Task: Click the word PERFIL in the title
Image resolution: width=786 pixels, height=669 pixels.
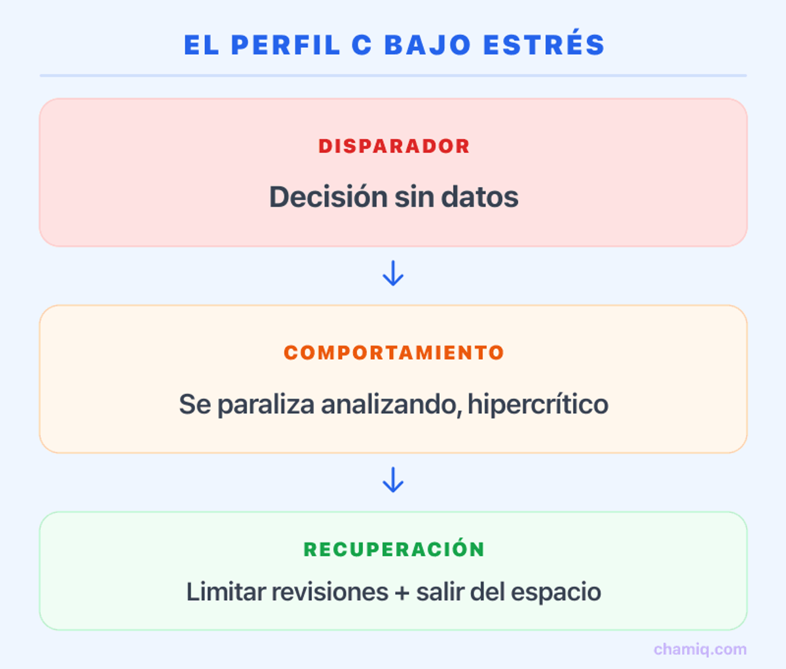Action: coord(286,45)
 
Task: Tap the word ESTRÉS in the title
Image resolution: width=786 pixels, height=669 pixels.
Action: coord(544,45)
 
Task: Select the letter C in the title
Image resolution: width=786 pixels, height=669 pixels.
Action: coord(362,45)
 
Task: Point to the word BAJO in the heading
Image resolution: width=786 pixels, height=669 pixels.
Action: coord(427,45)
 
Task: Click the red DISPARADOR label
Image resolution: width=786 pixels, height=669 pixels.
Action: coord(394,146)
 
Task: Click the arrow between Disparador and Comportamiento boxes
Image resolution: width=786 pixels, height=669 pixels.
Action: coord(393,274)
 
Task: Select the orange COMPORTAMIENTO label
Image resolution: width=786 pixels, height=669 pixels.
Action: coord(394,353)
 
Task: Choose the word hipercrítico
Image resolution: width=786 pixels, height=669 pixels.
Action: coord(538,404)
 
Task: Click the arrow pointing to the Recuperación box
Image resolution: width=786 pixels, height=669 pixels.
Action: coord(393,480)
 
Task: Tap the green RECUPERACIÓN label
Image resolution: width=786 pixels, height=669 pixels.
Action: coord(394,550)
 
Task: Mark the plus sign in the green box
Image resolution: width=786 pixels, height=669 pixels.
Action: coord(401,592)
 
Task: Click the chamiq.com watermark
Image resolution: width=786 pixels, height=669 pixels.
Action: coord(700,649)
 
